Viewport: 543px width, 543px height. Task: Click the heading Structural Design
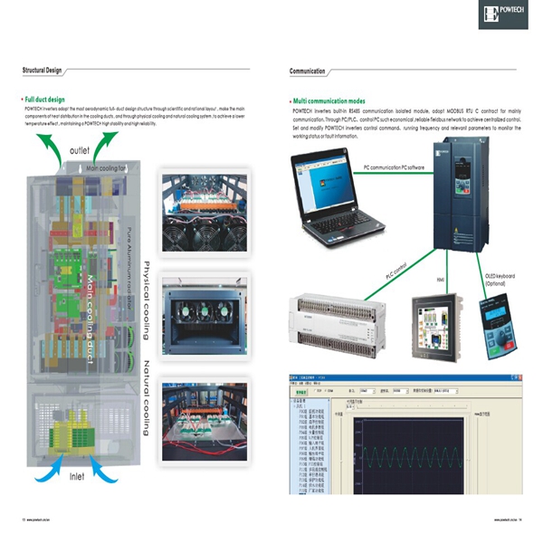pyautogui.click(x=43, y=70)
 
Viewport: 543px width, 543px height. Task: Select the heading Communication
pyautogui.click(x=308, y=70)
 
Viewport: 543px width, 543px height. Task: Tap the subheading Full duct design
pyautogui.click(x=45, y=99)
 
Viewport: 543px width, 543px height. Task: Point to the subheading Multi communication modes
pyautogui.click(x=329, y=100)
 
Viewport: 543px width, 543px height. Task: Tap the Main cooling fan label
pyautogui.click(x=108, y=168)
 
